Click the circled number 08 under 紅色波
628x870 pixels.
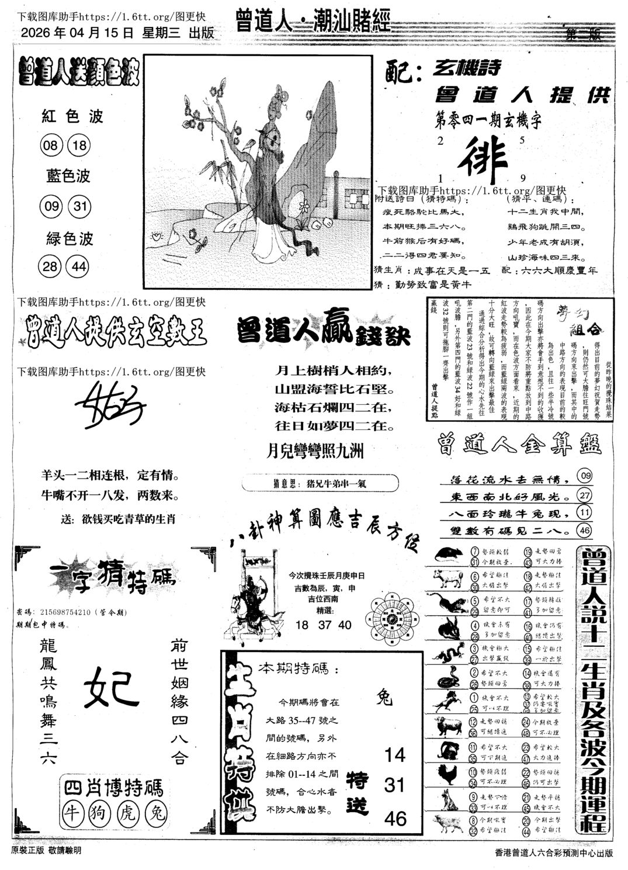tap(51, 145)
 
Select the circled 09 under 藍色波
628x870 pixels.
tap(51, 206)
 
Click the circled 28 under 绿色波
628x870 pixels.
tap(51, 266)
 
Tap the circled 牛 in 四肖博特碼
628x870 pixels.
tap(75, 812)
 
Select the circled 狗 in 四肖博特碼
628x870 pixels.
tap(99, 812)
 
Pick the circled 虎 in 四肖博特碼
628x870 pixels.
tap(124, 812)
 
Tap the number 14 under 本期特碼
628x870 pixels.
tap(395, 755)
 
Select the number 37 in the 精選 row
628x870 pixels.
tap(323, 625)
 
